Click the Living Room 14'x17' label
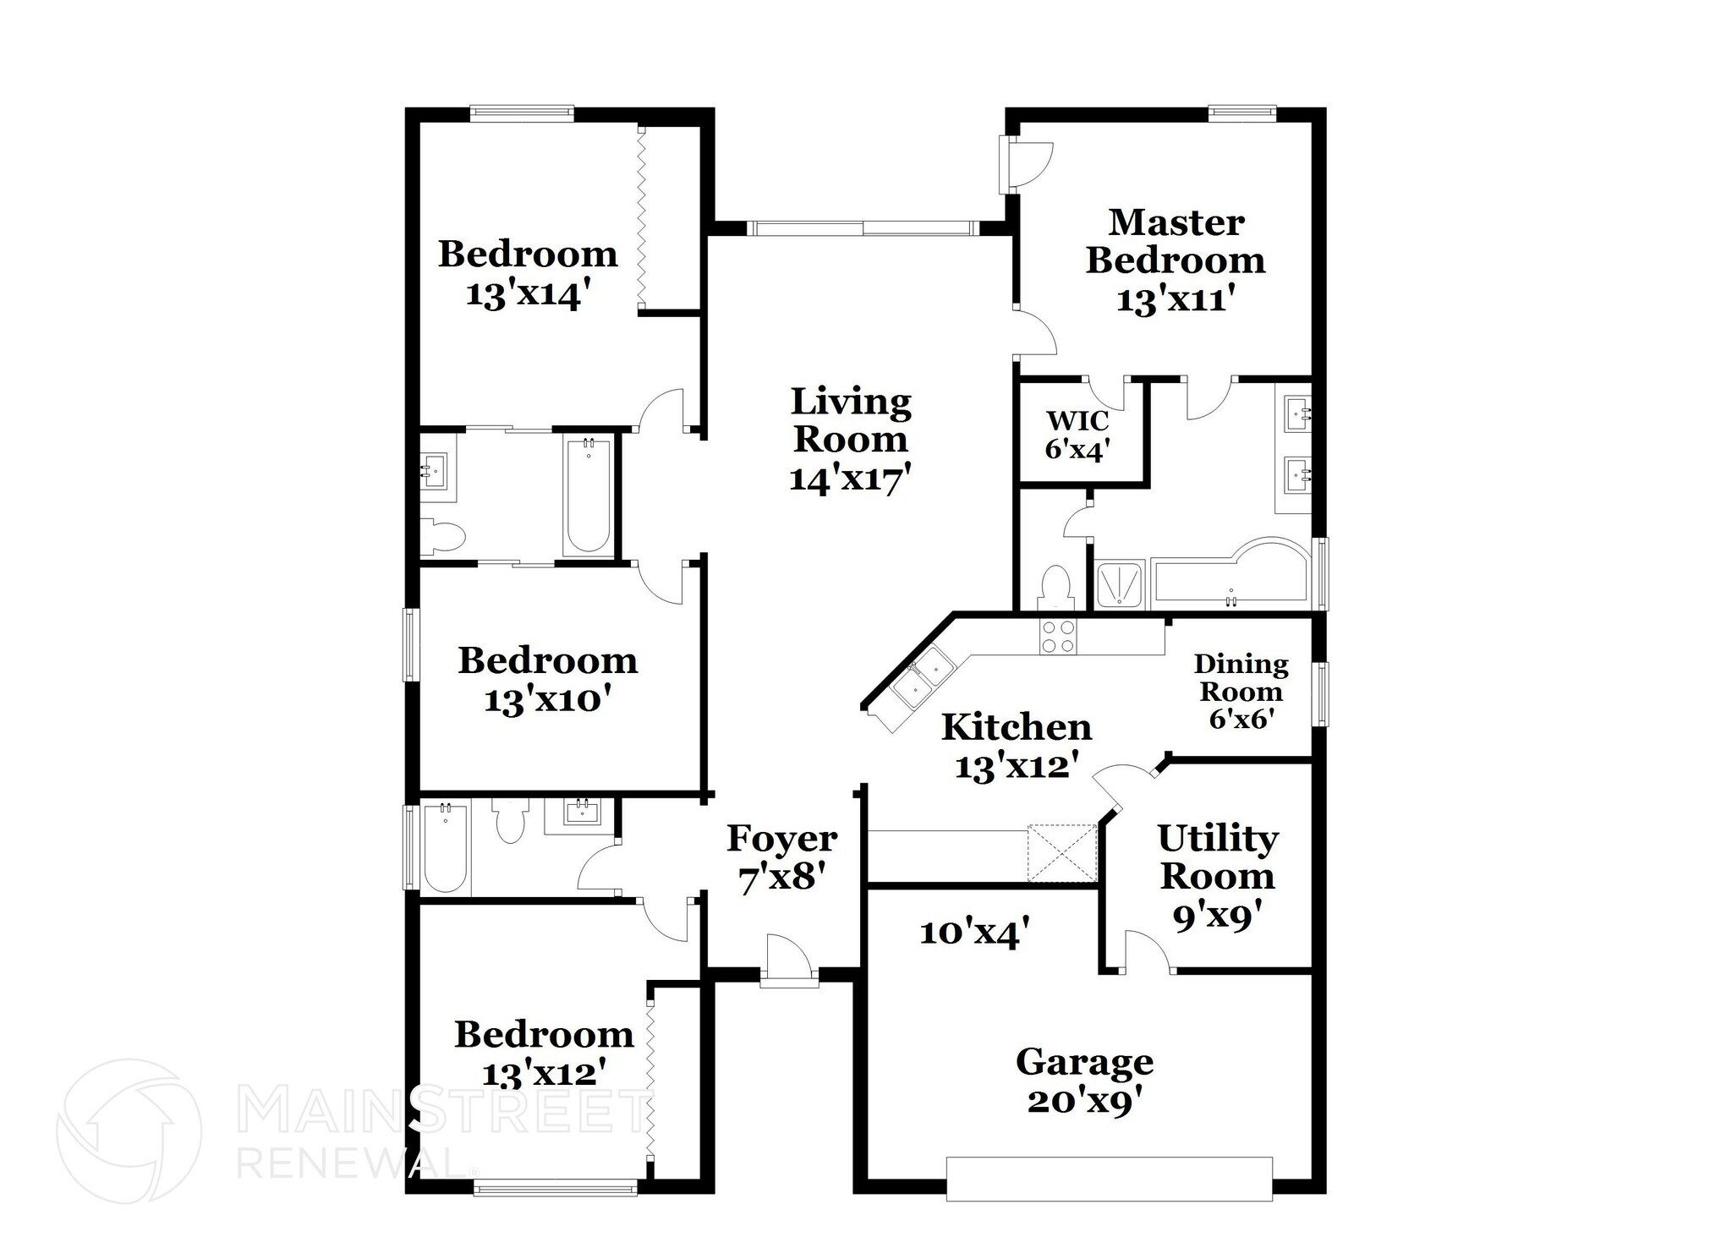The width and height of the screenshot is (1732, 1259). click(x=851, y=440)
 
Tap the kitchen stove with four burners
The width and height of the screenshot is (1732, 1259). click(x=1058, y=636)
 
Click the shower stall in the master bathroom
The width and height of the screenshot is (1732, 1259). click(x=1119, y=583)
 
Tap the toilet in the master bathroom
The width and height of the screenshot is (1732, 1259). click(x=1055, y=587)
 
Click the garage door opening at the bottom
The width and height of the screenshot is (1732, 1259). click(x=1109, y=1179)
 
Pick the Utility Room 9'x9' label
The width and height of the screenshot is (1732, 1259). click(x=1217, y=876)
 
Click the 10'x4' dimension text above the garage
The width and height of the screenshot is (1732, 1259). click(x=974, y=933)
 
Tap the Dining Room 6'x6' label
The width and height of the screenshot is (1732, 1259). click(x=1241, y=692)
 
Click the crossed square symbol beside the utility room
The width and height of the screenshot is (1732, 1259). click(x=1062, y=852)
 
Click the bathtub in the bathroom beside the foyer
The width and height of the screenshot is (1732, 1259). click(x=445, y=847)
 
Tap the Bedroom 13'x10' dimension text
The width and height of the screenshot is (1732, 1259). click(x=547, y=700)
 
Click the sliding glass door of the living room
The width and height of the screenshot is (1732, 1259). click(x=863, y=227)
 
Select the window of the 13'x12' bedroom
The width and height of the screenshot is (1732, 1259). click(x=556, y=1189)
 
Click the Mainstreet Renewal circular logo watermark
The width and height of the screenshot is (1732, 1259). click(x=129, y=1131)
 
